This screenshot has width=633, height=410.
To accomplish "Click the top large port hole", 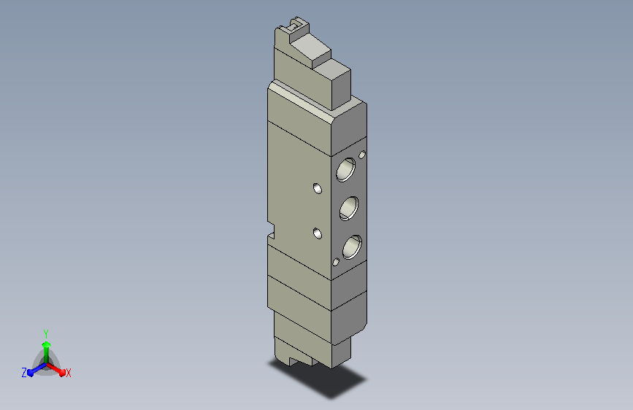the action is (346, 169).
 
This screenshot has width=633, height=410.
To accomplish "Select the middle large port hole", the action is (349, 208).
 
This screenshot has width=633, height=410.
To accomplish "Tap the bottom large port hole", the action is (353, 247).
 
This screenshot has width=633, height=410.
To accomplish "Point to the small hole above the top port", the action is (362, 155).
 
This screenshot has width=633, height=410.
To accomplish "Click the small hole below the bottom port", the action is (336, 262).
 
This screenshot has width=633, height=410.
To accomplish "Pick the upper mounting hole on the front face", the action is (318, 188).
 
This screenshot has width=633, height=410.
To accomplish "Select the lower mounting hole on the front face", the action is (318, 233).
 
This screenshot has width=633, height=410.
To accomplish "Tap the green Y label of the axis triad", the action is (46, 334).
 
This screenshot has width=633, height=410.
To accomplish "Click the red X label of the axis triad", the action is (68, 374).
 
